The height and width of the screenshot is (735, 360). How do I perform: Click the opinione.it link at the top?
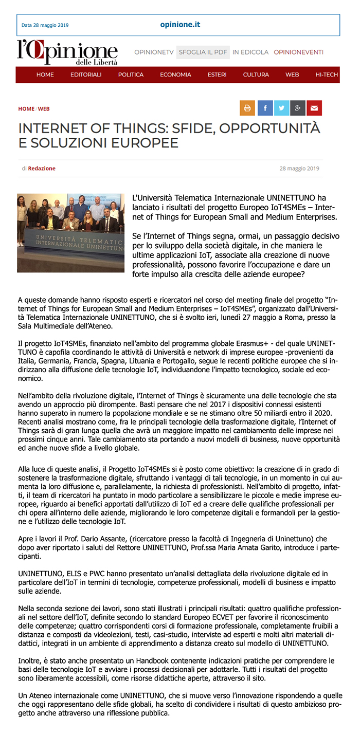(180, 25)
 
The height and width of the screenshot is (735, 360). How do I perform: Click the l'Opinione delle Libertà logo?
(67, 52)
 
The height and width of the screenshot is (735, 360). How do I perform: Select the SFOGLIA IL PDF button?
(203, 52)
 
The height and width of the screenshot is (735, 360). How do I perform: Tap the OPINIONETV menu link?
(154, 52)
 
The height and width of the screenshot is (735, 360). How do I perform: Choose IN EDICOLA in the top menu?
(250, 52)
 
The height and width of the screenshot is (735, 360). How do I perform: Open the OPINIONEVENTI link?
(298, 52)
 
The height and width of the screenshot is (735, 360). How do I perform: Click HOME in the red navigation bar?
(45, 75)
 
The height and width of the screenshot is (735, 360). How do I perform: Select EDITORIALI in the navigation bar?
(86, 75)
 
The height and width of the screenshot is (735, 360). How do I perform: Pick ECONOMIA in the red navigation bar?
(175, 75)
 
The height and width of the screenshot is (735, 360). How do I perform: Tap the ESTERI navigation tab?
(217, 75)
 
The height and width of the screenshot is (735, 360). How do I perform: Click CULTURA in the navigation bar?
(256, 75)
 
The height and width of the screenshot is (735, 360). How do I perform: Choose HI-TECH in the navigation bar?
(327, 75)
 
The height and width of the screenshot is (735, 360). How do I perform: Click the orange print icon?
(247, 108)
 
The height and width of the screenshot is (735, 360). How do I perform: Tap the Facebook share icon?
(265, 108)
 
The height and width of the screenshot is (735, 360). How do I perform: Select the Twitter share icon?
(281, 108)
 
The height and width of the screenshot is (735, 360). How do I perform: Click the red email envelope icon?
(314, 108)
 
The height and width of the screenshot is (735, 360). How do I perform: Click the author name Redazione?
(42, 168)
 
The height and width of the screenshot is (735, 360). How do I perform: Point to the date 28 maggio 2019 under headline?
(299, 168)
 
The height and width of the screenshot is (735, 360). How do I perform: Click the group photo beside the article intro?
(70, 233)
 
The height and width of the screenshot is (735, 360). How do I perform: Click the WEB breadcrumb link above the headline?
(44, 109)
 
